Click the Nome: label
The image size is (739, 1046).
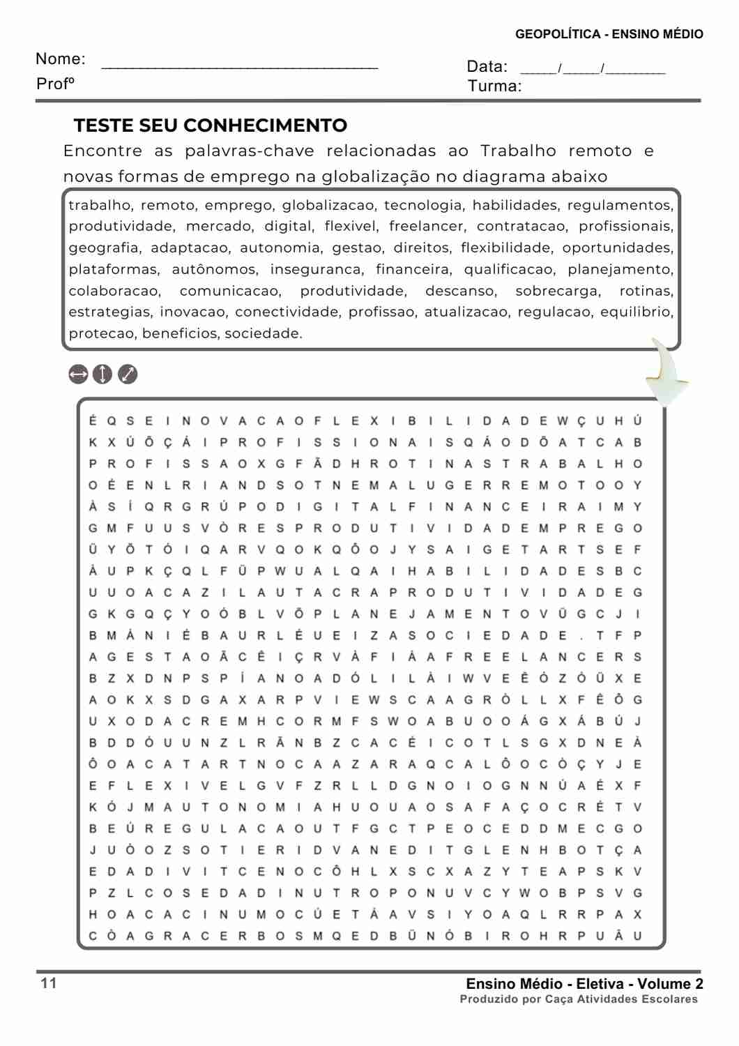coord(61,59)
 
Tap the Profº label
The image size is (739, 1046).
coord(55,84)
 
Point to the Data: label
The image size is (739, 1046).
coord(487,67)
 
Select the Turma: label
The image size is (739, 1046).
coord(494,86)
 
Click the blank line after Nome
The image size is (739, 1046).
coord(240,68)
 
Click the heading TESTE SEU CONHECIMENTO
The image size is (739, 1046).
coord(211,126)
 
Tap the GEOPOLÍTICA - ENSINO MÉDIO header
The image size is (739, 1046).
coord(609,34)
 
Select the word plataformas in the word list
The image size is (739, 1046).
coord(113,269)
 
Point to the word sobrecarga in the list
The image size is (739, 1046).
coord(557,291)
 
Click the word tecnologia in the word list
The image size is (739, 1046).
coord(422,205)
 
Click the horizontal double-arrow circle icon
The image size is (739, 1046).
coord(79,374)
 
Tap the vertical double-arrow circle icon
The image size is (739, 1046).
coord(102,374)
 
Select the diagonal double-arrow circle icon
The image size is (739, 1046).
coord(128,374)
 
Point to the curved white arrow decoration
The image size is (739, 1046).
coord(666,373)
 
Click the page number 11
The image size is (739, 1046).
coord(49,983)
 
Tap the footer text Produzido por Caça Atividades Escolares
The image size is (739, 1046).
coord(579,999)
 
